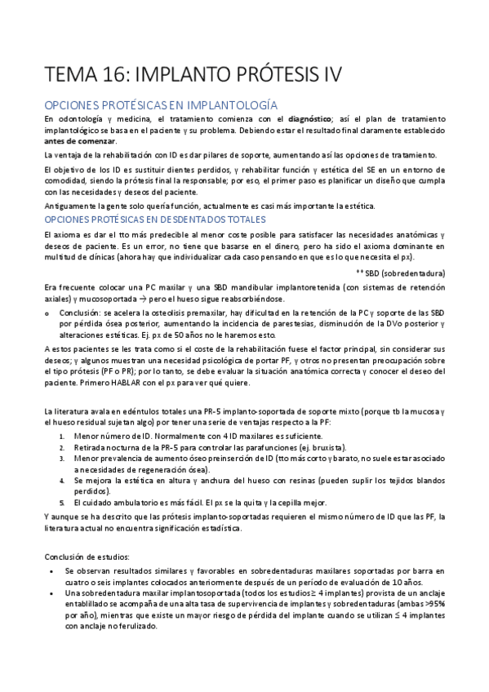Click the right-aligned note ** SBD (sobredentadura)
(401, 272)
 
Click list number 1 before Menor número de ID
(63, 437)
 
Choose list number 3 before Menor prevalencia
(63, 459)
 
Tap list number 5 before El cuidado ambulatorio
(63, 503)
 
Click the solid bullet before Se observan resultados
(51, 571)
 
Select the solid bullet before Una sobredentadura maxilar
(51, 593)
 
